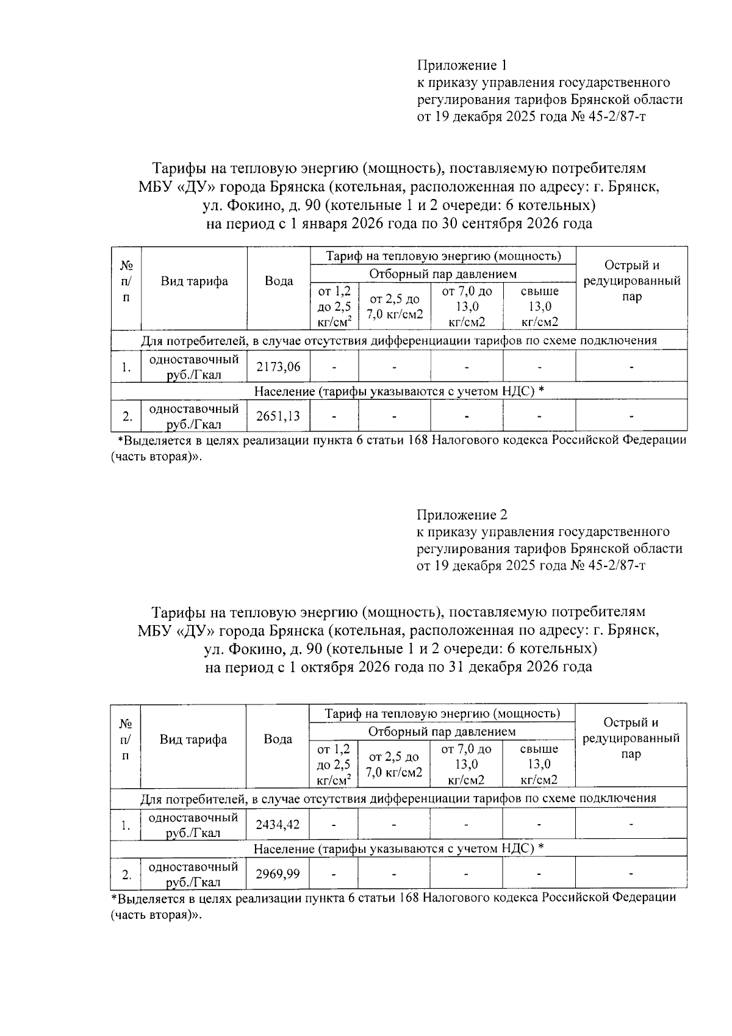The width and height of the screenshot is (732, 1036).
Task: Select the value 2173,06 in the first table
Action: [x=278, y=367]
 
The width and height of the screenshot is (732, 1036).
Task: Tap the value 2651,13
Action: [x=278, y=416]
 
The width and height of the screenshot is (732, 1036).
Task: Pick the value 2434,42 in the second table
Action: [x=278, y=825]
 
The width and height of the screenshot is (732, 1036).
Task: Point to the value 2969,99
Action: [x=278, y=874]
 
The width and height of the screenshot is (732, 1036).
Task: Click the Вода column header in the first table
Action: [x=279, y=281]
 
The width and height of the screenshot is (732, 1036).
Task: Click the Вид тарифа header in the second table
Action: [x=193, y=739]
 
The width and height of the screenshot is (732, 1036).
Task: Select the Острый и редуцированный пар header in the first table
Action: [x=631, y=281]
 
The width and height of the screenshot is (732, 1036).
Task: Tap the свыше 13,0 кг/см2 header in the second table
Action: [x=539, y=764]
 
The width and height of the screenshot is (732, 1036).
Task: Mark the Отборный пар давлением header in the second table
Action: [x=442, y=731]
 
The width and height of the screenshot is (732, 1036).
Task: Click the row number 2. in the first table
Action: [x=126, y=417]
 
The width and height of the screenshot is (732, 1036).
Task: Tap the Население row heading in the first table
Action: [x=284, y=391]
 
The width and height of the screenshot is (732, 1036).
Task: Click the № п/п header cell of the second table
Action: [x=126, y=739]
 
